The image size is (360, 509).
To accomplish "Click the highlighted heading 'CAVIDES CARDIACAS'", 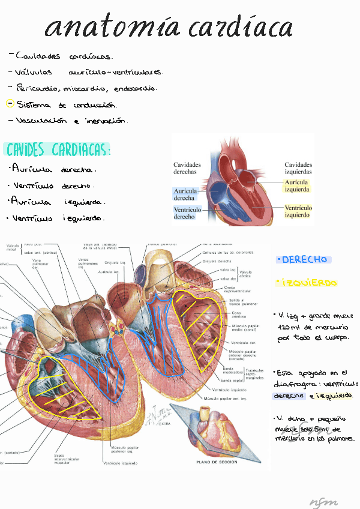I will (x=58, y=149).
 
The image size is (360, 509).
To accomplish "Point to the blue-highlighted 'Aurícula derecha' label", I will (x=184, y=193).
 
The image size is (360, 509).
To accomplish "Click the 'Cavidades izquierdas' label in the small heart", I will (x=298, y=167).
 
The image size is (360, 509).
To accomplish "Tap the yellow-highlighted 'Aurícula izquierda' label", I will (x=297, y=185).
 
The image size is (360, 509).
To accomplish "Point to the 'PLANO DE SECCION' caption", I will (x=217, y=462).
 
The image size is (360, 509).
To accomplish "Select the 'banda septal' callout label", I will (x=232, y=380).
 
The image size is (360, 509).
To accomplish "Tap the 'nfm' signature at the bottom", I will (x=323, y=502).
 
